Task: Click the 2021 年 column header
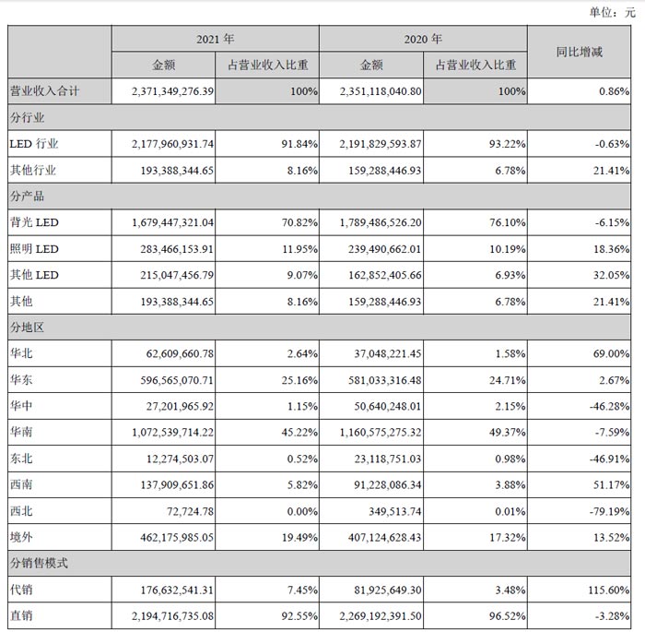(216, 40)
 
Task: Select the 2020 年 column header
(424, 40)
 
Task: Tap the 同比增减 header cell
(580, 53)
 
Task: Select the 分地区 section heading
(27, 328)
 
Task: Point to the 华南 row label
(21, 432)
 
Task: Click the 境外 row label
(21, 536)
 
